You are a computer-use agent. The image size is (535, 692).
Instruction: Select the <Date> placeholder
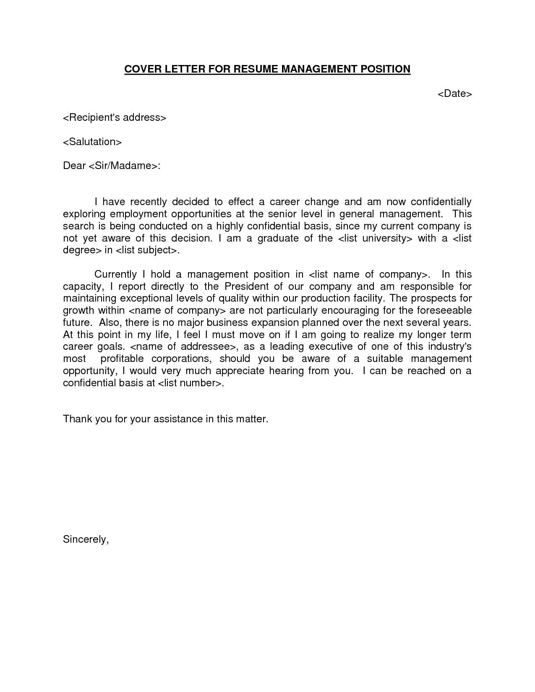(x=455, y=94)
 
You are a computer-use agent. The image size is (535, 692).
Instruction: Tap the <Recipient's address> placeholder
(x=115, y=117)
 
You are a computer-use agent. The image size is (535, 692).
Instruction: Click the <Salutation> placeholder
(x=92, y=142)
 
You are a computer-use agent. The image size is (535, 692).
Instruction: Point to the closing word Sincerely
(x=86, y=539)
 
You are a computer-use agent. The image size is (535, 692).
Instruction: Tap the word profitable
(x=122, y=359)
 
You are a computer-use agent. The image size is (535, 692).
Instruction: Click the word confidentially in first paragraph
(x=441, y=202)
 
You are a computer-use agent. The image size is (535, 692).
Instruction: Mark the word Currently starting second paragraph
(x=115, y=274)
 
